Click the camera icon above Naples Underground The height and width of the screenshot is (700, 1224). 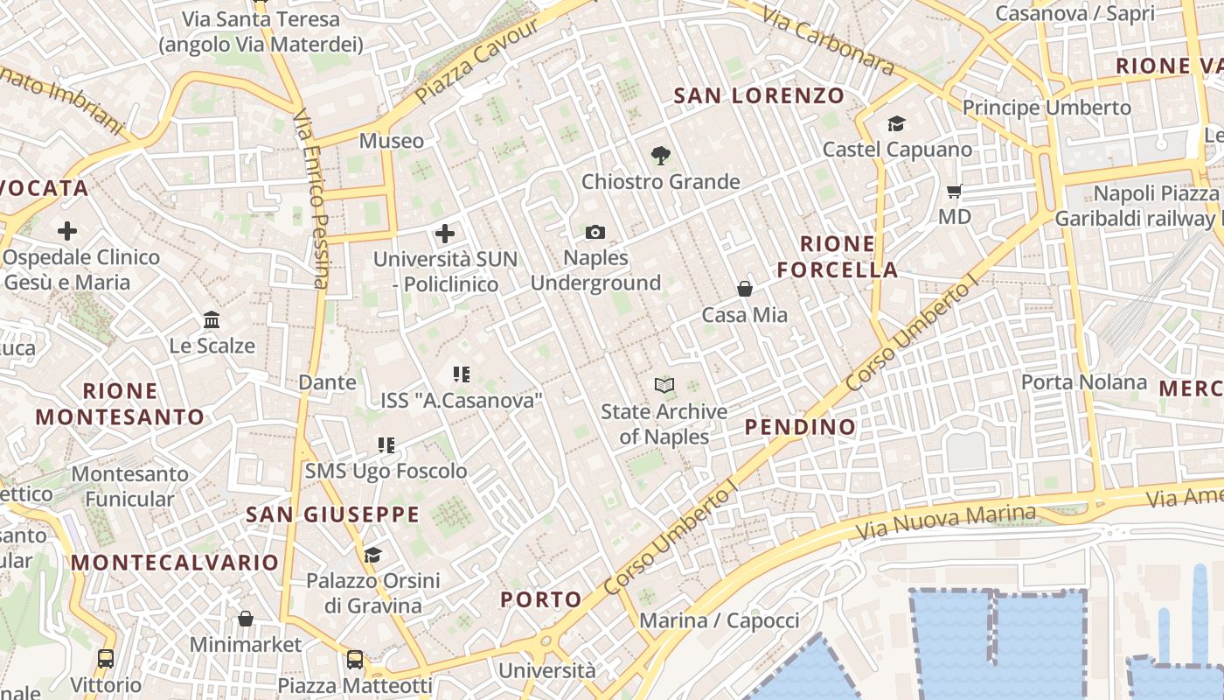pos(595,232)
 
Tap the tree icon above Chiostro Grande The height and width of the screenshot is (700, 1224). pos(661,156)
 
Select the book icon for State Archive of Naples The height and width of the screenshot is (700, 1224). pos(664,385)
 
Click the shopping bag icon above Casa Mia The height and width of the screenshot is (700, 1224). pos(745,288)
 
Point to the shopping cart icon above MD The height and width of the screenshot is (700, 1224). pos(955,190)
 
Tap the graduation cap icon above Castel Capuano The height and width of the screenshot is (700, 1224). pos(897,123)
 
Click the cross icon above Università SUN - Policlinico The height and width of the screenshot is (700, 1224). pos(445,234)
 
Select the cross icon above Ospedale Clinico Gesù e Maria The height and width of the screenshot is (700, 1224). pos(67,231)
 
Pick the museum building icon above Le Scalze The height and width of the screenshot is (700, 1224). pos(212,319)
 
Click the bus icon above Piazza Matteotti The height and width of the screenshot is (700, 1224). pos(355,659)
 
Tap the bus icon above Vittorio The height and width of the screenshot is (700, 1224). pos(106,659)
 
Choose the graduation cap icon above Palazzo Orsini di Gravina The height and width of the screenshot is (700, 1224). pos(373,555)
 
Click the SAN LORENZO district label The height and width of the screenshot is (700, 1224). pos(759,95)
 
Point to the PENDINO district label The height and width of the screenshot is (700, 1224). pos(800,427)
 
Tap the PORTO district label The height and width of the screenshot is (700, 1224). pos(541,599)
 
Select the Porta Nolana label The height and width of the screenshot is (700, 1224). pos(1084,382)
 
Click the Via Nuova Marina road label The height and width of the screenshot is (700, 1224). pos(946,522)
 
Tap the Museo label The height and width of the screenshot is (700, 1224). pos(392,141)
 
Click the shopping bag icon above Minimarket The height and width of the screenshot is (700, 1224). pos(246,619)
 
